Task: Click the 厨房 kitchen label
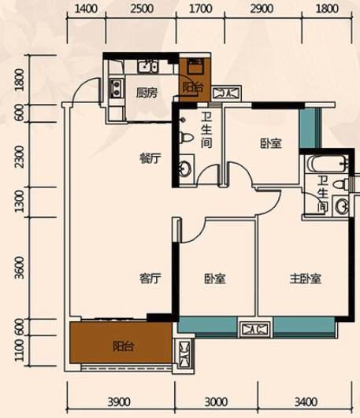pyautogui.click(x=147, y=93)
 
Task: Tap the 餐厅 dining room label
pyautogui.click(x=150, y=158)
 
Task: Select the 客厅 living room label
pyautogui.click(x=150, y=279)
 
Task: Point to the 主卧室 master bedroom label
pyautogui.click(x=306, y=279)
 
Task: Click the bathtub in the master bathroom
pyautogui.click(x=327, y=164)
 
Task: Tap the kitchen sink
pyautogui.click(x=147, y=66)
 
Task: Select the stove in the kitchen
pyautogui.click(x=117, y=87)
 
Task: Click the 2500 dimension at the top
pyautogui.click(x=142, y=9)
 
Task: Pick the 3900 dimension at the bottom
pyautogui.click(x=119, y=401)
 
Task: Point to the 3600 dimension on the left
pyautogui.click(x=19, y=268)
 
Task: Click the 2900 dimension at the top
pyautogui.click(x=262, y=9)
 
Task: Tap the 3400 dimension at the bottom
pyautogui.click(x=306, y=401)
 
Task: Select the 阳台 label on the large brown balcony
pyautogui.click(x=123, y=346)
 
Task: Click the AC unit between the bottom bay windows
pyautogui.click(x=255, y=329)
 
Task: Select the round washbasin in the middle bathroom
pyautogui.click(x=185, y=168)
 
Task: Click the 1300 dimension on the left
pyautogui.click(x=19, y=202)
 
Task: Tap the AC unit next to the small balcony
pyautogui.click(x=228, y=93)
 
